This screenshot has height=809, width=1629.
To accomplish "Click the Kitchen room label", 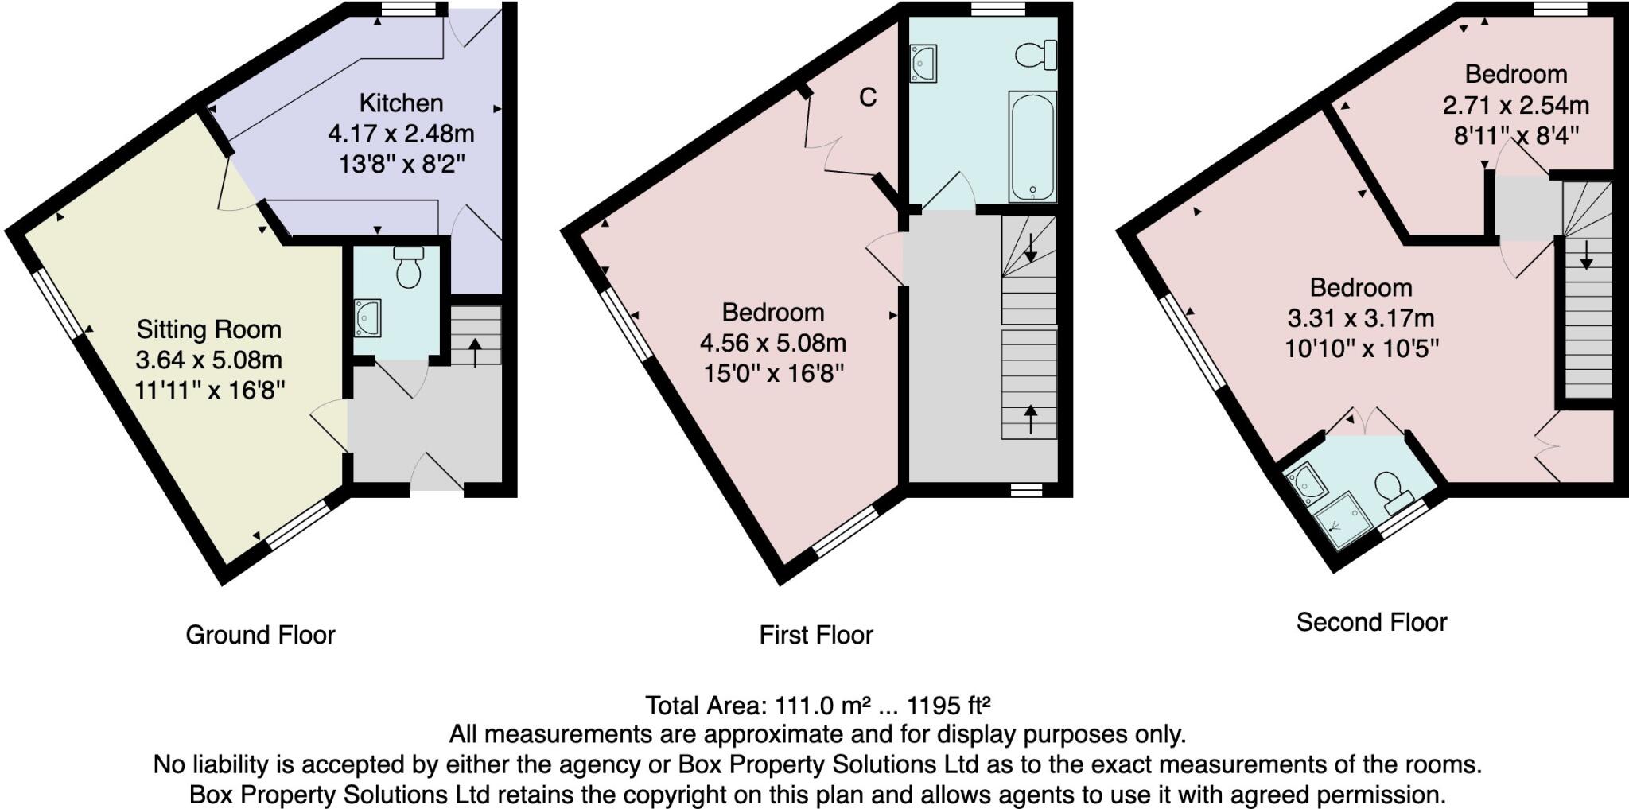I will (401, 103).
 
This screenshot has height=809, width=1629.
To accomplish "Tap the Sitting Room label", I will (208, 329).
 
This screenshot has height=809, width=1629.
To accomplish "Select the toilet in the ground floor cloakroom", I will (408, 268).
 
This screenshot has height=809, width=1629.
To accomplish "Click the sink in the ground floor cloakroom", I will (367, 317).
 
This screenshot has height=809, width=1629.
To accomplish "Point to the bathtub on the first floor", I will (1032, 147).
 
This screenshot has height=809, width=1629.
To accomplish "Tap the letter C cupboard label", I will (868, 97).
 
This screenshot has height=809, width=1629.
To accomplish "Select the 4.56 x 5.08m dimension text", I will (772, 343).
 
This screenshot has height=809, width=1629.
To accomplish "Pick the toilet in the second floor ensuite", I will (1391, 489).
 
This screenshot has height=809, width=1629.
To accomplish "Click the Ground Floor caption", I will (260, 635).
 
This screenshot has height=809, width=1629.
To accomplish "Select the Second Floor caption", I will (1371, 622).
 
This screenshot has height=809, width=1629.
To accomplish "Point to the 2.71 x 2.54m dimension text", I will (1515, 105).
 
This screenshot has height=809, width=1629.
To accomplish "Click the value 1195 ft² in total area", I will (948, 706).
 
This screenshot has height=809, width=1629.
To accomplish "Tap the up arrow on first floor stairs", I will (1031, 419).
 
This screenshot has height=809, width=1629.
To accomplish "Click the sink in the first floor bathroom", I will (924, 64).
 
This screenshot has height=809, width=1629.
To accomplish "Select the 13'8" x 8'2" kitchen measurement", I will (401, 165).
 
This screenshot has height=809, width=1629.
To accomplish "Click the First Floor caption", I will (816, 635).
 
